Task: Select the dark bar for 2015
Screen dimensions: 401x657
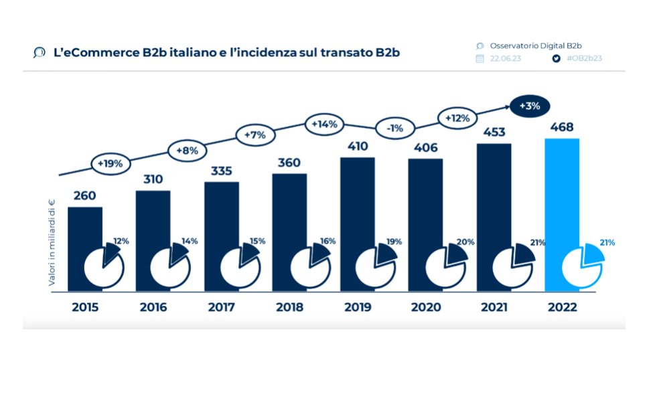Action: [85, 228]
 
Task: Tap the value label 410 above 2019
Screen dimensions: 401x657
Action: [357, 145]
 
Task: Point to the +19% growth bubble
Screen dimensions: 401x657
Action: [110, 163]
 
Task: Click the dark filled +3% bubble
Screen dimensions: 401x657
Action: [530, 105]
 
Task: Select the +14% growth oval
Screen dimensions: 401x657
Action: [324, 124]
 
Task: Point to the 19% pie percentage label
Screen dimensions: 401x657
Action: [394, 241]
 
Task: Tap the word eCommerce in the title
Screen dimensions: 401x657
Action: [96, 52]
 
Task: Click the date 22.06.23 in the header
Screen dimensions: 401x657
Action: [506, 58]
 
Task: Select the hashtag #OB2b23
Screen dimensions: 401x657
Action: [584, 58]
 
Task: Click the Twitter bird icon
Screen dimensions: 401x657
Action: [555, 58]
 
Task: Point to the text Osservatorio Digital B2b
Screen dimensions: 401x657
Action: [535, 46]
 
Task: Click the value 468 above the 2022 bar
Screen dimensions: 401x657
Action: [562, 127]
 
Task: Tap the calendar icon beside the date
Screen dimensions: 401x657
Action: [480, 58]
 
